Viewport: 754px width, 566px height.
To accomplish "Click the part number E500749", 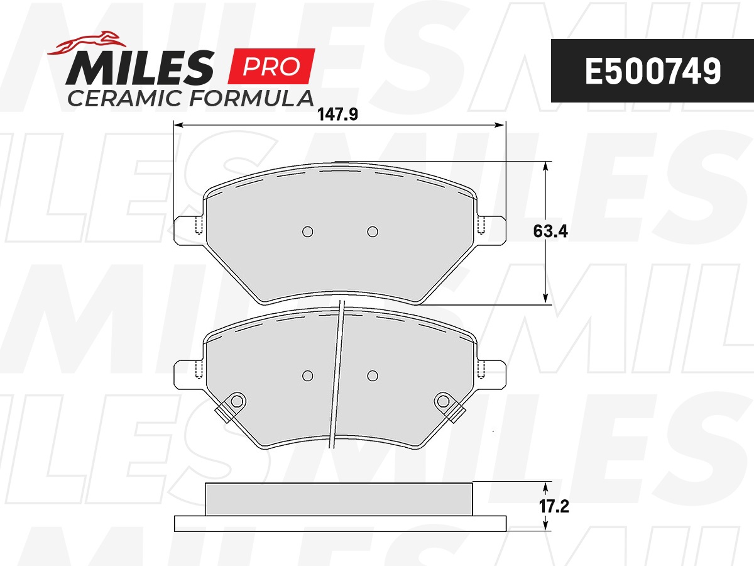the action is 653,71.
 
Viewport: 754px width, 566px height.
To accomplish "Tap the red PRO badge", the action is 271,66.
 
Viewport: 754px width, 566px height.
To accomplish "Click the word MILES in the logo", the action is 140,68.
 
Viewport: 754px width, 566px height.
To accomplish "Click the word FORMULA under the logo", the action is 251,98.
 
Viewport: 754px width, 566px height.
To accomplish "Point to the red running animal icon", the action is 87,43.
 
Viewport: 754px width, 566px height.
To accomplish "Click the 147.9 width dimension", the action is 337,114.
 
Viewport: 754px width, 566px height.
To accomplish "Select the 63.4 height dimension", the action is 550,231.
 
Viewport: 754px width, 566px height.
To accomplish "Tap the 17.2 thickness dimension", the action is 554,506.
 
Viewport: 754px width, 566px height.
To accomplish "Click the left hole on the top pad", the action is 307,231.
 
